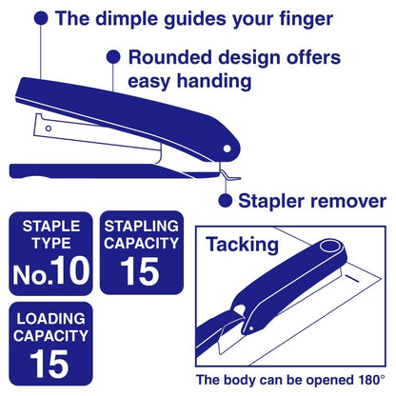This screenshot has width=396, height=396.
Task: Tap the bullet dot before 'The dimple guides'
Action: click(42, 17)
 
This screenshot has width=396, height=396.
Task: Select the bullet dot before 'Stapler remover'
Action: click(225, 200)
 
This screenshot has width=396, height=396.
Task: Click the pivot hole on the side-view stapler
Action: click(228, 148)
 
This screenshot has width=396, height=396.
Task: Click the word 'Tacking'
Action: click(242, 245)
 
